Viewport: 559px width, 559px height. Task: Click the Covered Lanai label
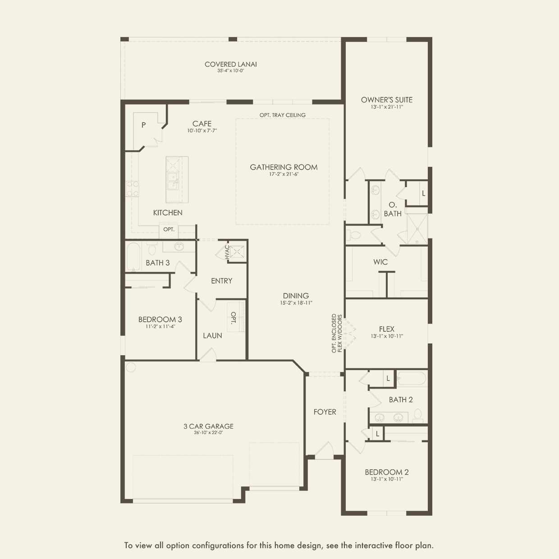click(x=230, y=64)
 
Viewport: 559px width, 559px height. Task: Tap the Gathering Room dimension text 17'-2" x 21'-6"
click(x=284, y=174)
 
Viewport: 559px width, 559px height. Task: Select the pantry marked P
click(x=143, y=125)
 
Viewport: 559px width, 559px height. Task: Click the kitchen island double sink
click(x=172, y=181)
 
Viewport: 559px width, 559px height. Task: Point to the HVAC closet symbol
click(x=236, y=252)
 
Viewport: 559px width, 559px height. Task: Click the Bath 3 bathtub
click(x=133, y=257)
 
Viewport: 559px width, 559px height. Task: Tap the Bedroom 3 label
click(x=160, y=320)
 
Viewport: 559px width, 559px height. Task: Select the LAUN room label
click(x=212, y=335)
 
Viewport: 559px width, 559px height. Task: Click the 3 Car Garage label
click(x=208, y=426)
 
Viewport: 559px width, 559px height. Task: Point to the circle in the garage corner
click(x=131, y=367)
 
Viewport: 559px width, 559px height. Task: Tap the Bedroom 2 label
click(x=386, y=472)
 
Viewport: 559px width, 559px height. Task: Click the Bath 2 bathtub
click(x=412, y=379)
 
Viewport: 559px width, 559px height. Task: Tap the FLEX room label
click(x=386, y=329)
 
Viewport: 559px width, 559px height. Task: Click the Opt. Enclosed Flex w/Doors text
click(x=337, y=334)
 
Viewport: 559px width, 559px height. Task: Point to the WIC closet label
click(x=380, y=262)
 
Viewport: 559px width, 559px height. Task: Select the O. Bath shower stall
click(x=417, y=229)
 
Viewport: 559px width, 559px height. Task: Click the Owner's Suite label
click(x=386, y=100)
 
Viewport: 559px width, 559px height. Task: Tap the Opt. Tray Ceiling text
click(x=282, y=115)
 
